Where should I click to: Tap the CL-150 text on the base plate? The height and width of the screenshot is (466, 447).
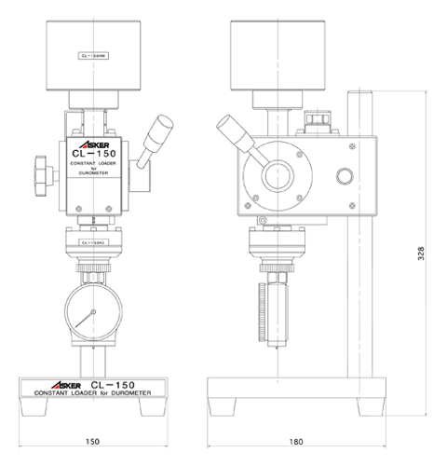pyautogui.click(x=115, y=382)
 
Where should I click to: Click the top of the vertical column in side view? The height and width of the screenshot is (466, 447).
pyautogui.click(x=360, y=91)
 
